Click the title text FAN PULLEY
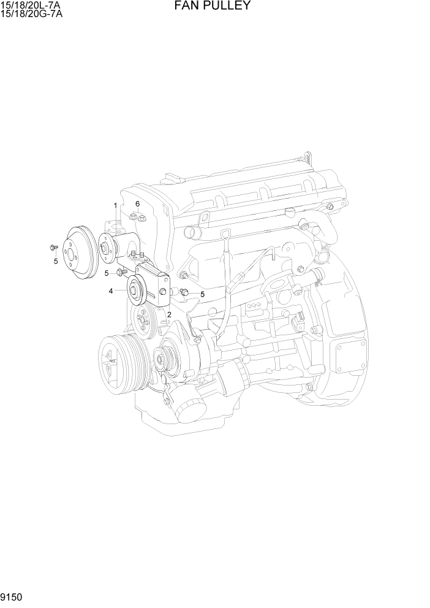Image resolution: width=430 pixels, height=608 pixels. click(213, 6)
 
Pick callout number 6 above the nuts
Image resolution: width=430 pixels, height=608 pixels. click(138, 203)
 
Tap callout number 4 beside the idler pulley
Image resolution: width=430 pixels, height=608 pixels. click(111, 291)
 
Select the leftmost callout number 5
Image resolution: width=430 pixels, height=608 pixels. click(55, 260)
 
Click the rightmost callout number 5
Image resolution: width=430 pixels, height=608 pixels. click(202, 294)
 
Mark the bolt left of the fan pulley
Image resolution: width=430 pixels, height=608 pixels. click(53, 248)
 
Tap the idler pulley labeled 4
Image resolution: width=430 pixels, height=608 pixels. click(135, 289)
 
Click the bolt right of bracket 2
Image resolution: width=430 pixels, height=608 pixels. click(184, 291)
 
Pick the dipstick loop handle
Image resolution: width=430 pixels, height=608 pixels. click(225, 234)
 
